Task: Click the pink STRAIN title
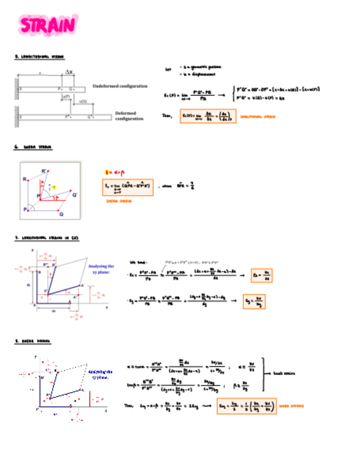(x=47, y=25)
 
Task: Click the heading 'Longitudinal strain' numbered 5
(x=39, y=56)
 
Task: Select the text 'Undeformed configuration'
(x=120, y=87)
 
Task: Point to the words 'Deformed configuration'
(x=130, y=116)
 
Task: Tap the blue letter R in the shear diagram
(x=25, y=179)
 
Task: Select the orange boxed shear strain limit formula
(x=128, y=188)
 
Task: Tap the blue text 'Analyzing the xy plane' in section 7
(x=101, y=269)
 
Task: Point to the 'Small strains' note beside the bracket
(x=286, y=373)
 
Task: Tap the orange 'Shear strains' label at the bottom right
(x=291, y=406)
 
